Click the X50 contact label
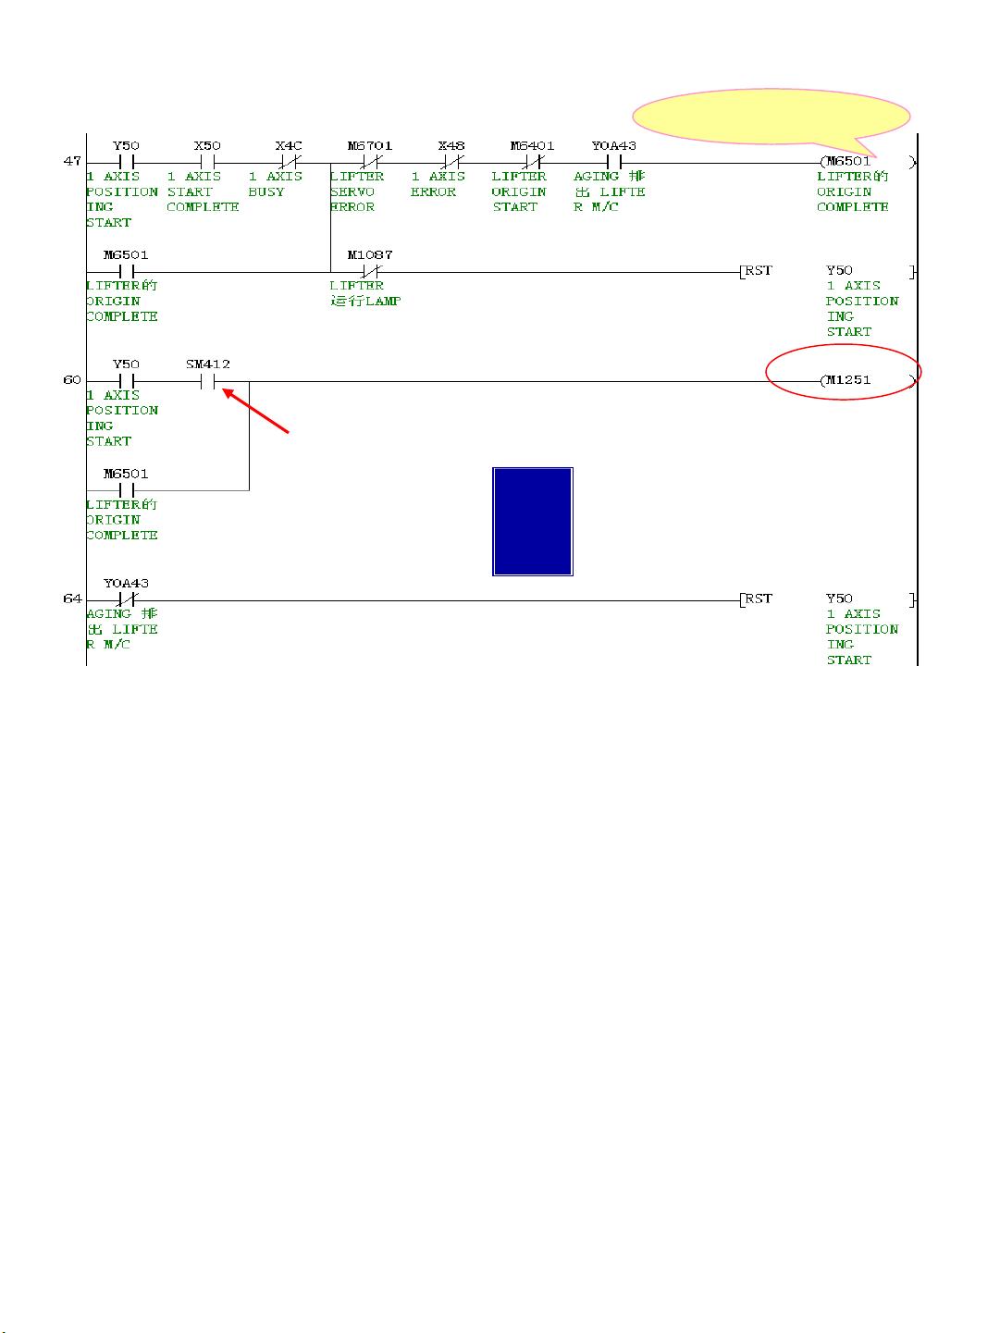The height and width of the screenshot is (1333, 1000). (207, 146)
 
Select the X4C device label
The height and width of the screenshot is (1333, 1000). (289, 146)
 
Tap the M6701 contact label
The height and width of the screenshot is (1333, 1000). (370, 146)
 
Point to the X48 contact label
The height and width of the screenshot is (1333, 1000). (451, 146)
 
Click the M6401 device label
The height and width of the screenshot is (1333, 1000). (533, 146)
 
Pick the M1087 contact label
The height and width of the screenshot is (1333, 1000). (370, 255)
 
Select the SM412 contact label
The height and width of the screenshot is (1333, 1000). (207, 364)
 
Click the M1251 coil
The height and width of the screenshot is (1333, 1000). (867, 381)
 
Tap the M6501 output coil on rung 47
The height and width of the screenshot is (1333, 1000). (867, 162)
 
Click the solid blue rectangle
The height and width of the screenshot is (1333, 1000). (533, 522)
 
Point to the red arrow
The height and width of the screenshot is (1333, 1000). (255, 411)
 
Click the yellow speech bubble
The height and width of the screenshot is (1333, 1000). (772, 117)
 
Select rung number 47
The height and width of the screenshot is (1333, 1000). (71, 161)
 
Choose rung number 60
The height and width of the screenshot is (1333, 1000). (71, 380)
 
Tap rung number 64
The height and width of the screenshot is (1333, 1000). (71, 599)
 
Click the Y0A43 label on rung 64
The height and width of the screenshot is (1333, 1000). (126, 584)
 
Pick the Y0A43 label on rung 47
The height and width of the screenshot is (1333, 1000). (614, 146)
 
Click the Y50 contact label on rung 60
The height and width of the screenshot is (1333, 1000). (126, 364)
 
